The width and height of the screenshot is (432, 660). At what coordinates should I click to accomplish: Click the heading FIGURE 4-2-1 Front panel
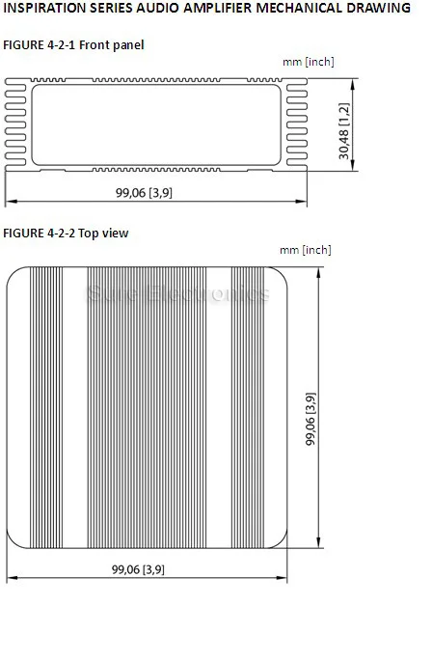(73, 45)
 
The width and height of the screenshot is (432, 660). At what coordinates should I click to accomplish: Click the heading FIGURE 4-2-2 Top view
(66, 234)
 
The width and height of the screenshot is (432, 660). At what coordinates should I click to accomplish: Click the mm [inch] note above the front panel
(309, 62)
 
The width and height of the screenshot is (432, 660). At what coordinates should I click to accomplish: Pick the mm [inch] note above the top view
(306, 250)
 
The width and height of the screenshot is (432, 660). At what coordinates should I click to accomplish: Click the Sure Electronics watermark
(177, 293)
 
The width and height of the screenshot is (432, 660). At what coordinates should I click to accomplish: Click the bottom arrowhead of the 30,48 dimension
(353, 165)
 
